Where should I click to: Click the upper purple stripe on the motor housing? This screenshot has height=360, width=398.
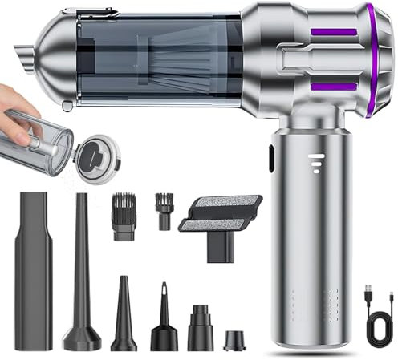(334, 32)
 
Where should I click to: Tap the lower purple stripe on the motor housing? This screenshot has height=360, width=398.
(334, 86)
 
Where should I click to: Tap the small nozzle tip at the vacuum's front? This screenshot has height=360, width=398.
(23, 57)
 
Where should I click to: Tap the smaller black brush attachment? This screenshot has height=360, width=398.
(164, 211)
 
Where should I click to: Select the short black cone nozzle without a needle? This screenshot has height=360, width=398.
(124, 317)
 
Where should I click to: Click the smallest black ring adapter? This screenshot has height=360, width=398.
(234, 340)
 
